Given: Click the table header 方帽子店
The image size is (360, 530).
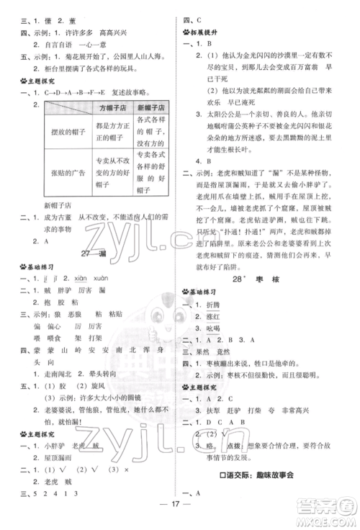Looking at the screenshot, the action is tap(112, 107).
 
